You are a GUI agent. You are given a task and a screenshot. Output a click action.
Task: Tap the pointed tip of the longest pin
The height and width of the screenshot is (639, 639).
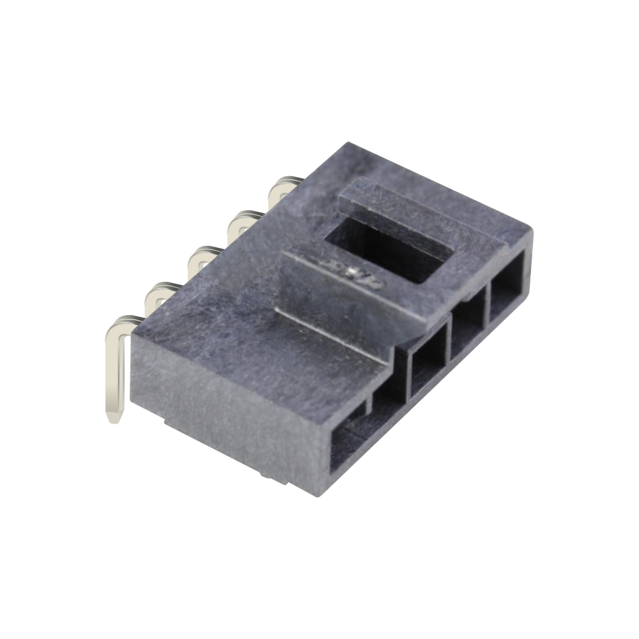(x=113, y=419)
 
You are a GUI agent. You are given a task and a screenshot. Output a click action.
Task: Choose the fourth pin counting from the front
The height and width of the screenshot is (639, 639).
(x=244, y=220)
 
